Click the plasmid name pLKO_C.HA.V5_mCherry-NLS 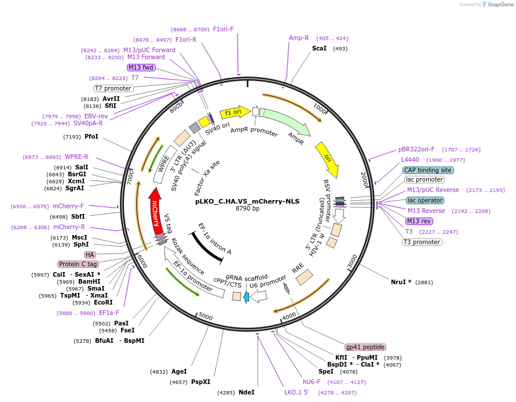[247, 201]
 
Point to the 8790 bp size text [247, 208]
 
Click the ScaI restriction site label [319, 48]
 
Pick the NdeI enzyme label [246, 393]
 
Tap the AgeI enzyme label [179, 371]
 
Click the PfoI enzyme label [92, 136]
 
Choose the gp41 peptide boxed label [365, 347]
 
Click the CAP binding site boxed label [428, 170]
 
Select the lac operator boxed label [424, 200]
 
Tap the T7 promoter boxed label [114, 88]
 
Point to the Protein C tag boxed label [78, 264]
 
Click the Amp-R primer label [299, 38]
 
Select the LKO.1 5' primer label [297, 392]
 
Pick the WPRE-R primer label [76, 157]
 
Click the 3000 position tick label [352, 262]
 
